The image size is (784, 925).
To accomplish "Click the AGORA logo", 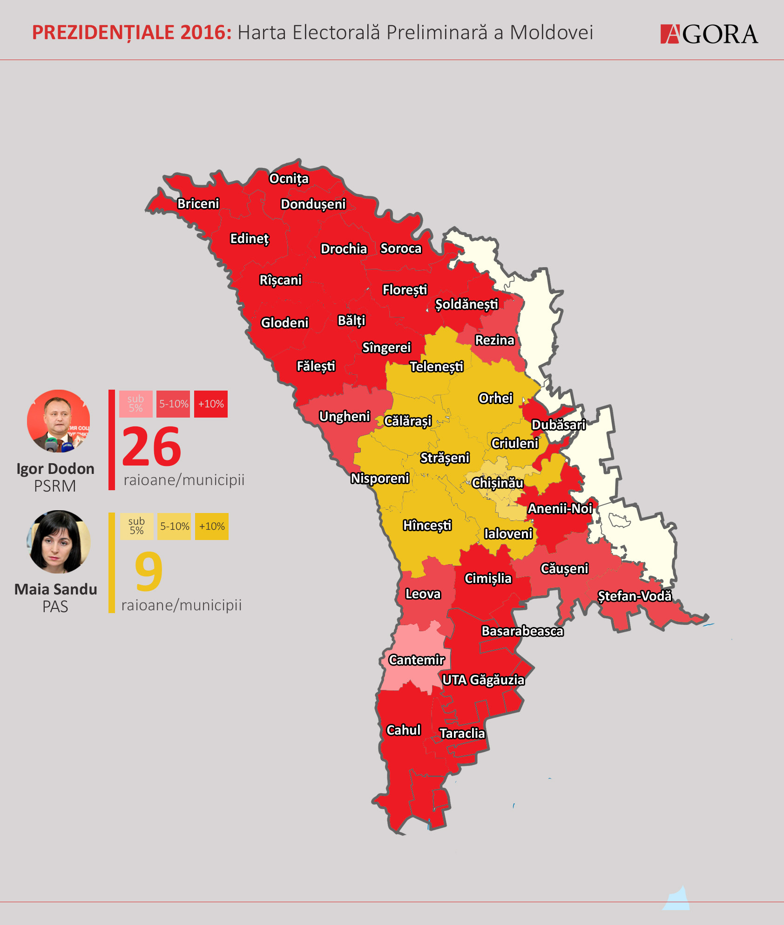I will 709,34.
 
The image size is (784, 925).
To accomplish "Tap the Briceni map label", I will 198,203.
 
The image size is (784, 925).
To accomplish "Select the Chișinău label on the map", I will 497,483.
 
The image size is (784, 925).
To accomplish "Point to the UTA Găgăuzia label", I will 483,680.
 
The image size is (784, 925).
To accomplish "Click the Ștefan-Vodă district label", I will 635,596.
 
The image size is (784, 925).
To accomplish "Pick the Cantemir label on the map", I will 417,660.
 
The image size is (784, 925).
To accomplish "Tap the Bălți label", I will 351,320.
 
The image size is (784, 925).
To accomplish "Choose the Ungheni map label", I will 345,416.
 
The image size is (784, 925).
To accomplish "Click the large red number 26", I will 152,447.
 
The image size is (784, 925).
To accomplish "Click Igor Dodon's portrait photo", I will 59,421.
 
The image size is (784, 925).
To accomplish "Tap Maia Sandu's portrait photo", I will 59,542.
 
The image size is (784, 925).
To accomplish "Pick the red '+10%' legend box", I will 211,404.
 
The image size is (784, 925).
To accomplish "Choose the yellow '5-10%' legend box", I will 175,527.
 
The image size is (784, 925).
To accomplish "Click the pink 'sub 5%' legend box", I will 136,404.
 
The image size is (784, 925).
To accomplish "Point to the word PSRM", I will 55,486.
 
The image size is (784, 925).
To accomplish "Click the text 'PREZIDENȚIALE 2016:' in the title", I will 132,33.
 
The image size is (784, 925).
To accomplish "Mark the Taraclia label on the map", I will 462,733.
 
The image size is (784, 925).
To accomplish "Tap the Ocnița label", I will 289,179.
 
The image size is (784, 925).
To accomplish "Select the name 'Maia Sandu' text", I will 56,589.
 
